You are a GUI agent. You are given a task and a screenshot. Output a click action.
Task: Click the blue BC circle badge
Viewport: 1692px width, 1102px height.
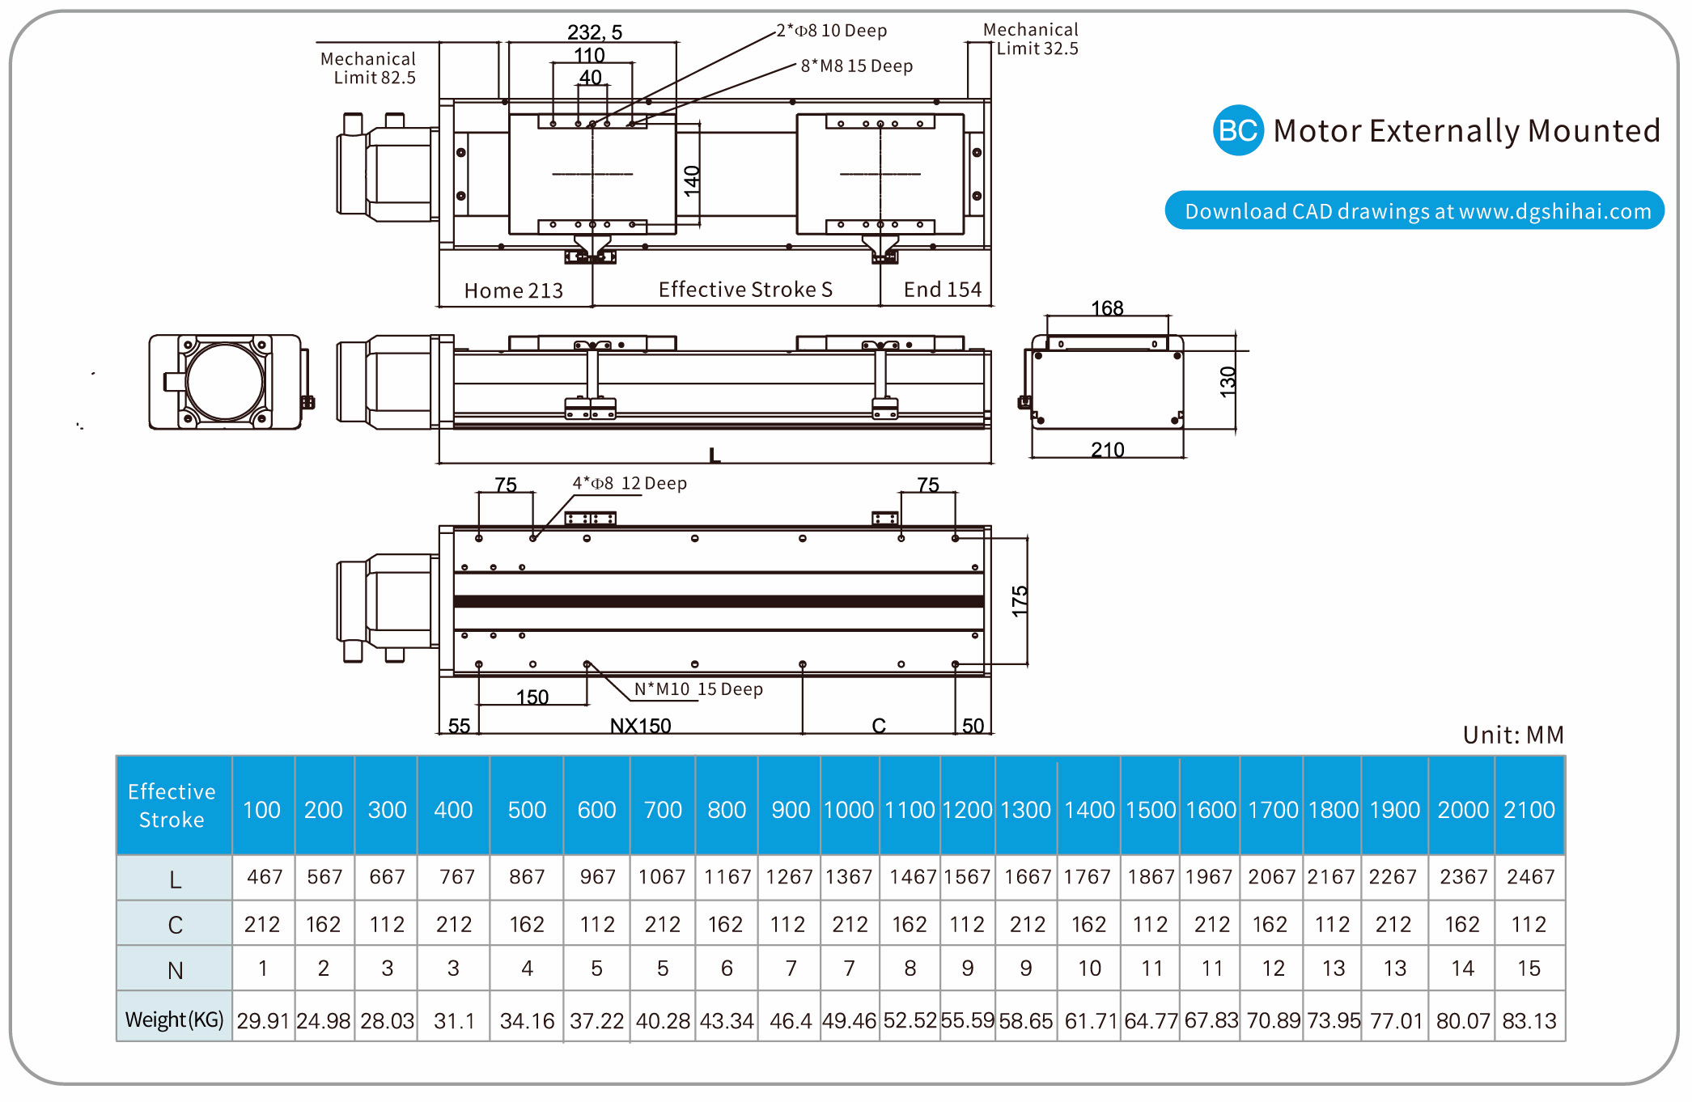click(x=1237, y=130)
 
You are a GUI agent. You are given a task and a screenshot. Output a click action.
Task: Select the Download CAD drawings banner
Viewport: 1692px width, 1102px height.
click(x=1414, y=210)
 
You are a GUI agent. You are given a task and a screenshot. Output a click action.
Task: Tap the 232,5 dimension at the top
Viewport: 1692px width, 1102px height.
click(x=594, y=32)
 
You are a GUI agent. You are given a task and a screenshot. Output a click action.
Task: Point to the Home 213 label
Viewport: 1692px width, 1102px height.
click(x=513, y=290)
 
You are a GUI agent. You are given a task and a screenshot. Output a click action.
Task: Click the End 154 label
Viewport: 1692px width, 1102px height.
click(x=942, y=290)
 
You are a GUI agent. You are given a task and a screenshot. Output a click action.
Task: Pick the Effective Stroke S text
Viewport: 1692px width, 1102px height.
click(x=745, y=290)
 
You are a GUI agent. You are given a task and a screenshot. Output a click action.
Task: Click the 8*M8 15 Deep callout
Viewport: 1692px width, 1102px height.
click(x=856, y=66)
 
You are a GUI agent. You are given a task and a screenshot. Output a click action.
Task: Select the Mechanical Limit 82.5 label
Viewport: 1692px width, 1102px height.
click(x=368, y=69)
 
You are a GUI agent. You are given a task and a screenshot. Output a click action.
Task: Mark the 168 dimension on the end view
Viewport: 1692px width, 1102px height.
click(x=1106, y=308)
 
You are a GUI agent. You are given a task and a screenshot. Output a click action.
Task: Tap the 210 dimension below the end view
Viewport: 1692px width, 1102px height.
click(x=1107, y=450)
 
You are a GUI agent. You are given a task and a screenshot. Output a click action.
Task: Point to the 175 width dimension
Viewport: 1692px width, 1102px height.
click(x=1020, y=601)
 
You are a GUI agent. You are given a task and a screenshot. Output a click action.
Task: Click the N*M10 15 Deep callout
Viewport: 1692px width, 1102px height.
click(x=698, y=689)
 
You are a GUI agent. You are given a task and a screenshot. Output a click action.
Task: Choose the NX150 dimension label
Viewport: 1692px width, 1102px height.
click(x=640, y=726)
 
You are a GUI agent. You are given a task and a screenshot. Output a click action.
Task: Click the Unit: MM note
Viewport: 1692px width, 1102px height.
click(x=1512, y=735)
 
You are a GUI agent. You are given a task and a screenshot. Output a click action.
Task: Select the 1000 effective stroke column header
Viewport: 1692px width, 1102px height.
click(x=849, y=810)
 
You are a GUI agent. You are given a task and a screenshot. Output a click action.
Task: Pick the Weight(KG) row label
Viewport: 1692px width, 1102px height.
click(x=174, y=1019)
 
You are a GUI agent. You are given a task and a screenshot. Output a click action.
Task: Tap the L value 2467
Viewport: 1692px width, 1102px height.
click(x=1529, y=877)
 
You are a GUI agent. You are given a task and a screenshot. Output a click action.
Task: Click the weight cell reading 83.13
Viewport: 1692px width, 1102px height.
click(x=1529, y=1021)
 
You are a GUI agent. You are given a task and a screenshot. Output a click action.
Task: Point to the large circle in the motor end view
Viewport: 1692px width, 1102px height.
click(x=225, y=382)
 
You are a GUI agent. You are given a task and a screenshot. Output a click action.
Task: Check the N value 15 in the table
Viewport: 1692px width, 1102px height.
click(x=1529, y=968)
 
